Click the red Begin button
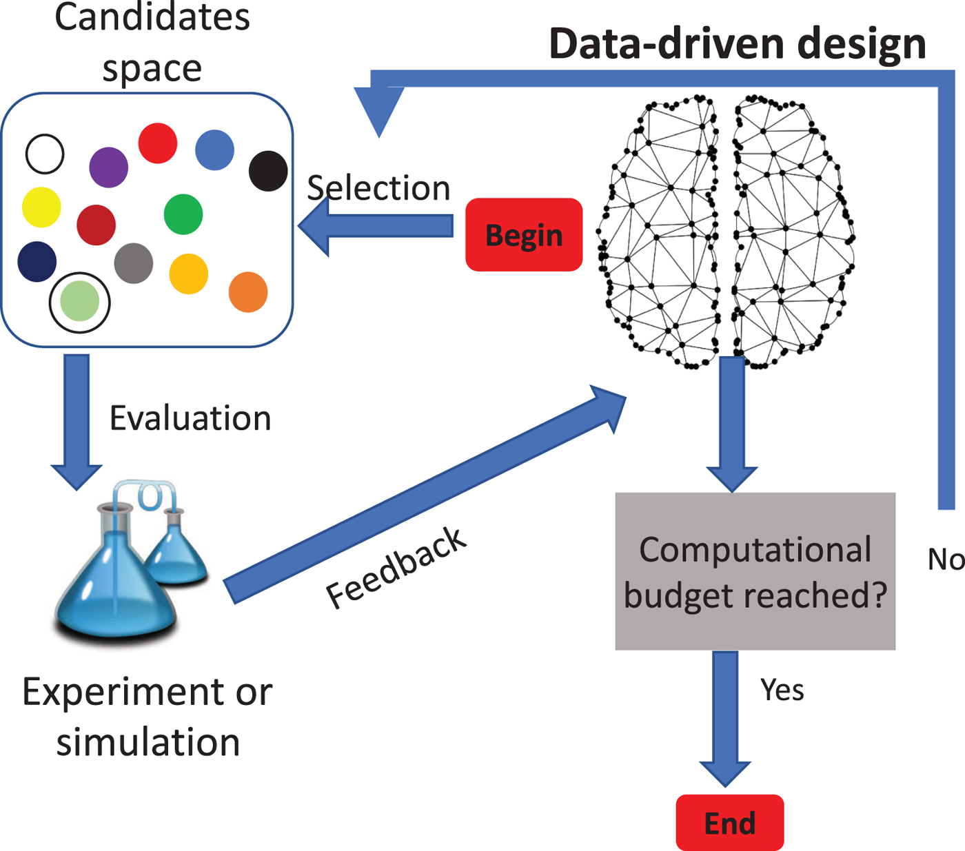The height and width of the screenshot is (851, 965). point(524,235)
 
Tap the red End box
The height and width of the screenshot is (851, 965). point(729,823)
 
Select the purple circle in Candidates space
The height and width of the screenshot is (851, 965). point(109,167)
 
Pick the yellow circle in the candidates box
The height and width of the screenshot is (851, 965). point(41,207)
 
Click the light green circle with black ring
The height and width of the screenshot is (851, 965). point(80,302)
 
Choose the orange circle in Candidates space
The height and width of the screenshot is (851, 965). point(248,292)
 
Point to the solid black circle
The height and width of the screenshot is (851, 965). point(268,171)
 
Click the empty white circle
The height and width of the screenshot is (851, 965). point(45,154)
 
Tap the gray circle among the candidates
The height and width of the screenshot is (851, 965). point(134,263)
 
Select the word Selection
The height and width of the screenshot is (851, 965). point(378,188)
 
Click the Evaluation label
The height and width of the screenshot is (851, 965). point(190,418)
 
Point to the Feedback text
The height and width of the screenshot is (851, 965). point(396,568)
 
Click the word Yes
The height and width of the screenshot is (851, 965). point(782,690)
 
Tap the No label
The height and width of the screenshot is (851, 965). point(945,560)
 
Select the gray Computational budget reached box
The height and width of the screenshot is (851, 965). point(755,571)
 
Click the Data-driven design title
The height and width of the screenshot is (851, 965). point(737,44)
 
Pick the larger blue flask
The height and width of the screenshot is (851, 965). point(114,586)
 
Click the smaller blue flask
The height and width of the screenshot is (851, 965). point(178,551)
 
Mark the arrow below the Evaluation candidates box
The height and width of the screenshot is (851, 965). point(77,420)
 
